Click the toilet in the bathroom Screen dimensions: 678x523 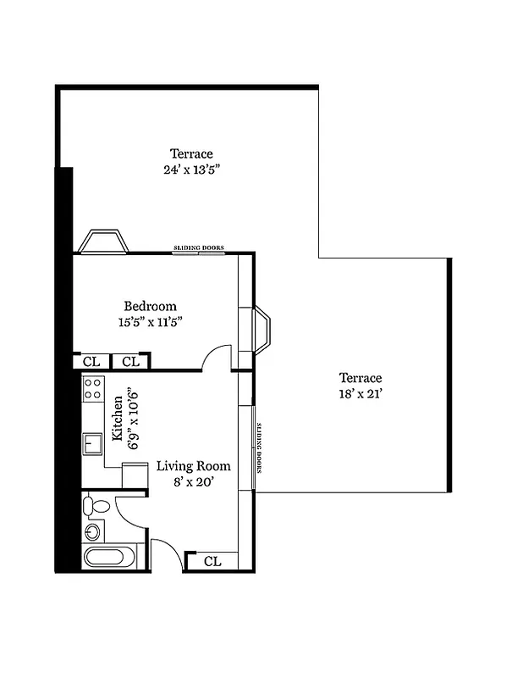(97, 507)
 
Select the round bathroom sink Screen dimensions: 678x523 (92, 532)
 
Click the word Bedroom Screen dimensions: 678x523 (150, 307)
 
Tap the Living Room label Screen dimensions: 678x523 (193, 466)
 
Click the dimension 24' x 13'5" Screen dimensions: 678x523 (191, 169)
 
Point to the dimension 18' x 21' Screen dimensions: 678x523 (361, 393)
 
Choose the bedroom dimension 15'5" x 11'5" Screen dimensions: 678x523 (150, 322)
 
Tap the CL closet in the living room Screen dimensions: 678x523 (212, 561)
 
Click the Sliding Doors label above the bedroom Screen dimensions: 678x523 (199, 248)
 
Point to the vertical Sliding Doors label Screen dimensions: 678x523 (260, 447)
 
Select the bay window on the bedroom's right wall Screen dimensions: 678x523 (261, 331)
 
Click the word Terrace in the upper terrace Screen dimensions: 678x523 (191, 154)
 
